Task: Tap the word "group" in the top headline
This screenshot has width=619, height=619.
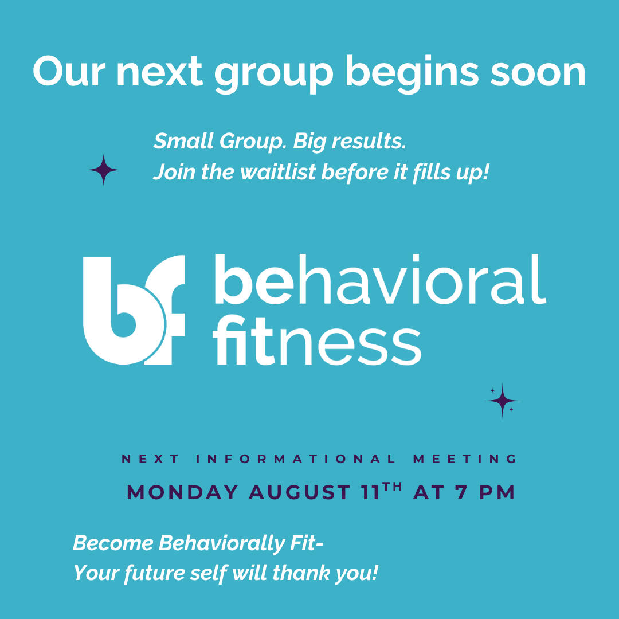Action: pyautogui.click(x=274, y=75)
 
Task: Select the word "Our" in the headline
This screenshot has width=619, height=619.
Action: pyautogui.click(x=69, y=71)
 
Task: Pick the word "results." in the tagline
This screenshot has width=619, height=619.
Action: pyautogui.click(x=369, y=141)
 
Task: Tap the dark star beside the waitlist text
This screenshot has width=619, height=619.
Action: pyautogui.click(x=103, y=170)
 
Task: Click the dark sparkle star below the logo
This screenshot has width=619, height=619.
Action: pyautogui.click(x=502, y=401)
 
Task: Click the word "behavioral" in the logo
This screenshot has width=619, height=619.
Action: pyautogui.click(x=380, y=280)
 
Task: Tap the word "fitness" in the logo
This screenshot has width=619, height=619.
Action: pyautogui.click(x=317, y=340)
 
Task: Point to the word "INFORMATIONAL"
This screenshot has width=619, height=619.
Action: pyautogui.click(x=296, y=459)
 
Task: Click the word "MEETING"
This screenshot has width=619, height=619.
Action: pyautogui.click(x=465, y=459)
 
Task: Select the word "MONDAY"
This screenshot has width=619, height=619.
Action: pyautogui.click(x=182, y=493)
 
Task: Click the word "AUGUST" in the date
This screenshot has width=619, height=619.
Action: pyautogui.click(x=299, y=493)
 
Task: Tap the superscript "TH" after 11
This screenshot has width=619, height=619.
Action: pyautogui.click(x=393, y=487)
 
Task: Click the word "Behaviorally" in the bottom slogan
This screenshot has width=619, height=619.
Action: pyautogui.click(x=221, y=543)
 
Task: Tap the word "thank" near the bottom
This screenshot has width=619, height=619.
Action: pyautogui.click(x=301, y=573)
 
